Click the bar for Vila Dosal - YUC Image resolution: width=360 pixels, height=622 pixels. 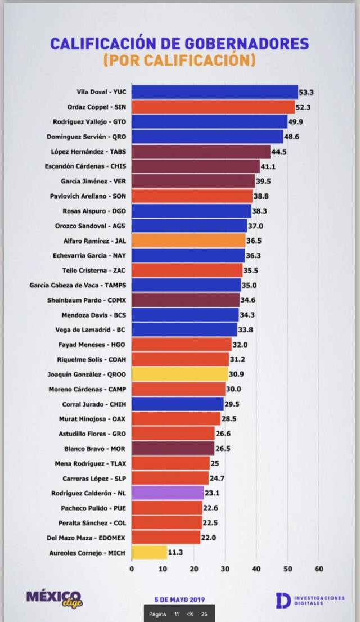(x=215, y=92)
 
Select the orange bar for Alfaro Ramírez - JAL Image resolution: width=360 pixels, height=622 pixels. (x=188, y=241)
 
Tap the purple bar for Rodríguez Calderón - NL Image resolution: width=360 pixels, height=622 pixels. (x=168, y=493)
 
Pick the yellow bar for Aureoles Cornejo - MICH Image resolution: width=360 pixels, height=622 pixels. (x=149, y=552)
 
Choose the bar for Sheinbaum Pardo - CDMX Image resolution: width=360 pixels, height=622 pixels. (x=186, y=300)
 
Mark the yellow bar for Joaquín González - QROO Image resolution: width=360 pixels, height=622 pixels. (x=180, y=374)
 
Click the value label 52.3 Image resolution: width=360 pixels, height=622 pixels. (x=304, y=107)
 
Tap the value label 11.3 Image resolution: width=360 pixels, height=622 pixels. (x=175, y=552)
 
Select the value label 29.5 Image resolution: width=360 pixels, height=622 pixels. (x=232, y=404)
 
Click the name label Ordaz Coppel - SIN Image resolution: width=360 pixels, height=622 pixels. (x=97, y=107)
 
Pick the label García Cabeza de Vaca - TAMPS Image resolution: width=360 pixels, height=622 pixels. (x=78, y=285)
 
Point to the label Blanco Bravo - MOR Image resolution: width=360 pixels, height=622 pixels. (x=95, y=449)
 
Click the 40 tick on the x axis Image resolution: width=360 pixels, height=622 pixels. (x=256, y=569)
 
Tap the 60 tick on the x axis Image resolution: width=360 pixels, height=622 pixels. (x=319, y=569)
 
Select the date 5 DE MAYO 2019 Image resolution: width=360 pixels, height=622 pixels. (x=180, y=600)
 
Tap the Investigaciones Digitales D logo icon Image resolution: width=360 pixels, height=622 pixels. (x=283, y=600)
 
